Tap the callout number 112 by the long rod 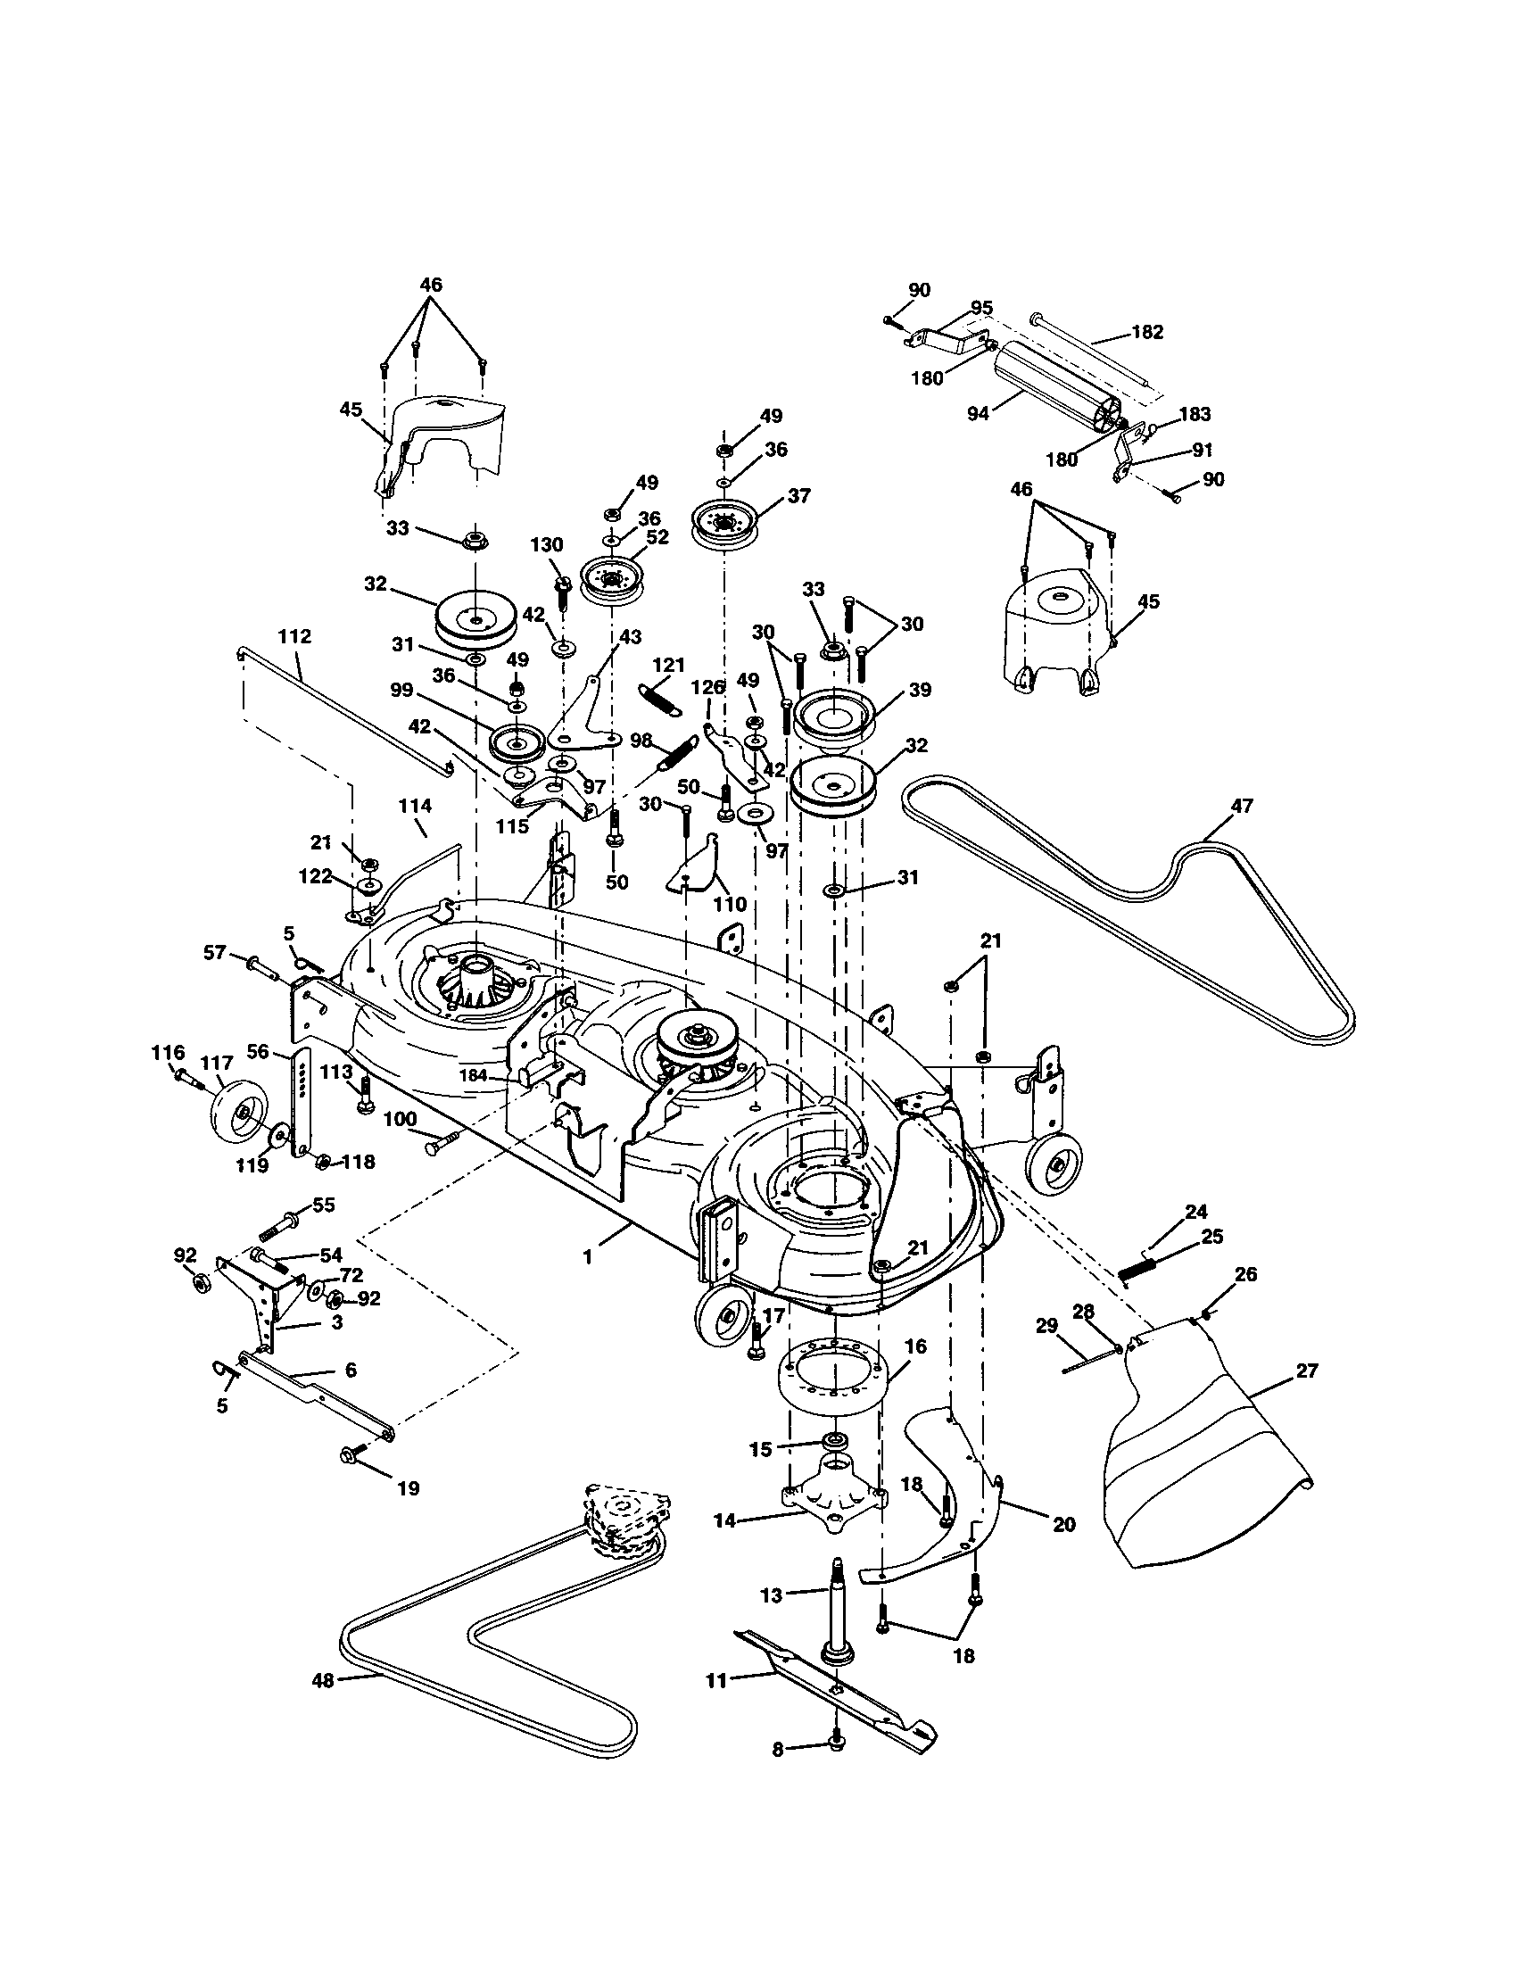click(x=294, y=636)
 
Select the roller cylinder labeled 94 click(x=1051, y=387)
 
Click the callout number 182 click(x=1147, y=332)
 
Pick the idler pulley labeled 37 click(x=724, y=523)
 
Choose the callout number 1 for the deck click(x=588, y=1256)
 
